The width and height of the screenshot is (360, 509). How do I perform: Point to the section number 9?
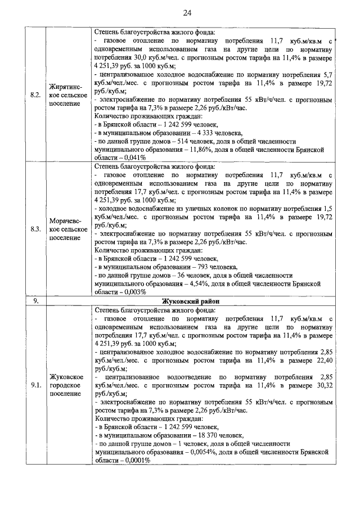[35, 301]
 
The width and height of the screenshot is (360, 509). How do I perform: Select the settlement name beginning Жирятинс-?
[68, 94]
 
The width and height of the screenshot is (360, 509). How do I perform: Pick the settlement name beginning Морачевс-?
[68, 229]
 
